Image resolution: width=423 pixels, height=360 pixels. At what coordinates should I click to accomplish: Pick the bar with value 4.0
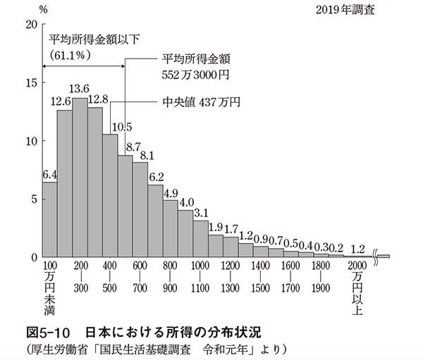tap(185, 233)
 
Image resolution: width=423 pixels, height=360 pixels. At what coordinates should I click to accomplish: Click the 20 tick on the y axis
tap(29, 25)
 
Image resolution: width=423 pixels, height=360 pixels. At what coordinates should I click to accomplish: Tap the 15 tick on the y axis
tap(29, 83)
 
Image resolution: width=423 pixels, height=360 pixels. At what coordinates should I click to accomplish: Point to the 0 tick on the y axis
tap(32, 257)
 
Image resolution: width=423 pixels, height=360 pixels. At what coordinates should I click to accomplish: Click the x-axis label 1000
tap(201, 266)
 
